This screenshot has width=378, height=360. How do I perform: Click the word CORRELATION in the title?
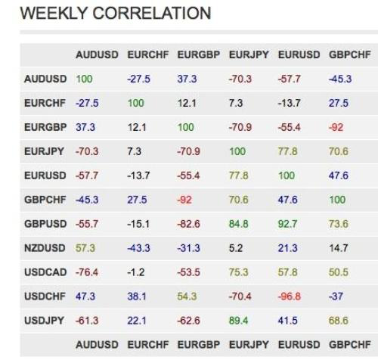(152, 13)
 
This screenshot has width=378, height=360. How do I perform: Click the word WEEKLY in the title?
(53, 13)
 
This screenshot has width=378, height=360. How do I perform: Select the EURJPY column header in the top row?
(249, 54)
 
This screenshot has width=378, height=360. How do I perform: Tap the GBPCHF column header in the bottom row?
(350, 344)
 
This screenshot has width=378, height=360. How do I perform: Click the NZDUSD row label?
(45, 248)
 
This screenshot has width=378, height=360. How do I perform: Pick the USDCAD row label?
(45, 272)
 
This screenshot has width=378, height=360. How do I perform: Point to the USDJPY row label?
(44, 321)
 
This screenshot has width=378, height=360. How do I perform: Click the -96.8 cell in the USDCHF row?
(290, 296)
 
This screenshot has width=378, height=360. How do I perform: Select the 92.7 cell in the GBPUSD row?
(287, 224)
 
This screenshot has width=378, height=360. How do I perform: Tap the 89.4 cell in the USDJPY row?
(238, 321)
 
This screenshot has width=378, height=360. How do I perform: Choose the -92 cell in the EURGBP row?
(336, 127)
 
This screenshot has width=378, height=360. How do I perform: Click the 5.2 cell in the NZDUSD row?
(236, 248)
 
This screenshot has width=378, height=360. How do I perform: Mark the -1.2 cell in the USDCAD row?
(136, 272)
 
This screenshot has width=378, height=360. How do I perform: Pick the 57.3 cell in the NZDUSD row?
(85, 248)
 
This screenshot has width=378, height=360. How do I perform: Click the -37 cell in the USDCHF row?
(336, 296)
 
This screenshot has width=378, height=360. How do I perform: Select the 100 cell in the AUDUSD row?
(84, 79)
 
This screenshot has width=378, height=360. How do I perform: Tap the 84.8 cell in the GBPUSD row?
(238, 224)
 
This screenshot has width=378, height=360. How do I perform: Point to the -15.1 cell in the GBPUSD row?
(138, 224)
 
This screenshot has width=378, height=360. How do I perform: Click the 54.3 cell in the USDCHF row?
(187, 296)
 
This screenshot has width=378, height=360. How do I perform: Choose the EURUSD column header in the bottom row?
(299, 344)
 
